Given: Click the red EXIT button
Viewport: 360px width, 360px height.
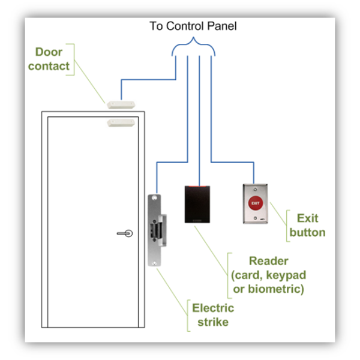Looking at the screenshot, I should point(256,203).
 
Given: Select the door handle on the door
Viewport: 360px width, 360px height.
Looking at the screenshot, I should point(125,233).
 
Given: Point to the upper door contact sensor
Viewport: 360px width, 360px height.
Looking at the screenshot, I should point(122,103).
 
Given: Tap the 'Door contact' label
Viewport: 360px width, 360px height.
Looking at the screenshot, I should point(49,59).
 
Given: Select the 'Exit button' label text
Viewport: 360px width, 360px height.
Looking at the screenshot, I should point(307,225).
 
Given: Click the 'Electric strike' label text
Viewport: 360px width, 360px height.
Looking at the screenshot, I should point(213,316).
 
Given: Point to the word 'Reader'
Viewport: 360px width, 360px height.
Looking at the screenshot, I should point(268,262).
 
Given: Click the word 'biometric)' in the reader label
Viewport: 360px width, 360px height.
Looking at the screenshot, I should point(280,289).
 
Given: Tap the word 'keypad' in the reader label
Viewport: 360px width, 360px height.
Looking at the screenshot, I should point(287,275).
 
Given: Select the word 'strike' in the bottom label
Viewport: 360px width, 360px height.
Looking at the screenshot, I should point(213,323).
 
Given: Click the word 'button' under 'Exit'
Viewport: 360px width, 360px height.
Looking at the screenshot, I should point(307,232).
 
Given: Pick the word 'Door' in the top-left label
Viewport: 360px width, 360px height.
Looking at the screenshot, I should point(49,52).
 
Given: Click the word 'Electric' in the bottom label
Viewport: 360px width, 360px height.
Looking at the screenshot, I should point(213,308).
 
